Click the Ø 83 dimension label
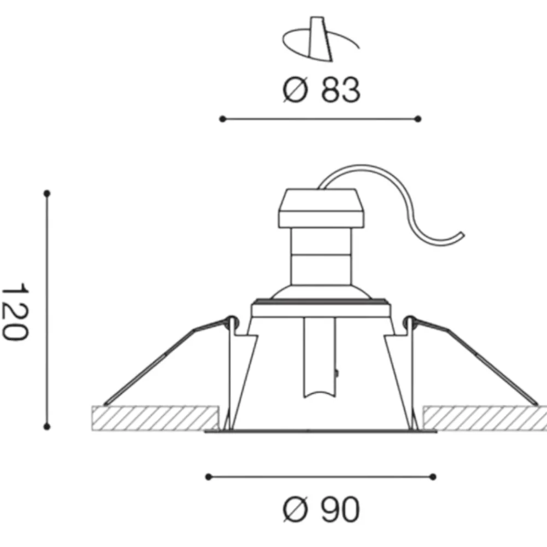pyautogui.click(x=321, y=90)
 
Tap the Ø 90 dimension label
pyautogui.click(x=321, y=510)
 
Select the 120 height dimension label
pyautogui.click(x=15, y=312)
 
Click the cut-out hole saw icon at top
pyautogui.click(x=320, y=39)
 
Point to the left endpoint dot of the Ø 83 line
pyautogui.click(x=223, y=119)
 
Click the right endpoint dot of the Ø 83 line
pyautogui.click(x=418, y=119)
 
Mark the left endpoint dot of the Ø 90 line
pyautogui.click(x=208, y=477)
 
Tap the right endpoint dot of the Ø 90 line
pyautogui.click(x=433, y=477)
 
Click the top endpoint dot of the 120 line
pyautogui.click(x=47, y=193)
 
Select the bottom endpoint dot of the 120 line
pyautogui.click(x=47, y=426)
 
